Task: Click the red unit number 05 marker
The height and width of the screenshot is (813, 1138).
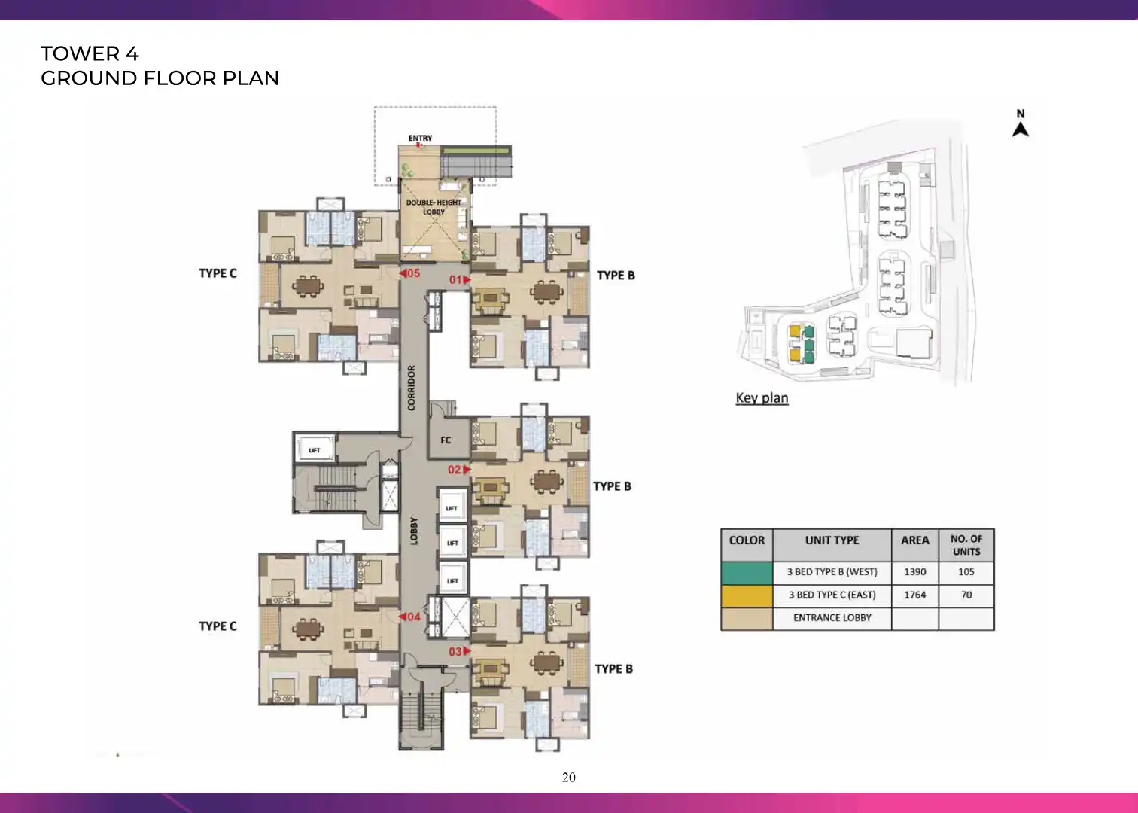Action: pyautogui.click(x=409, y=273)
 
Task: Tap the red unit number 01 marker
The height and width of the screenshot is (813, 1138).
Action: pyautogui.click(x=460, y=279)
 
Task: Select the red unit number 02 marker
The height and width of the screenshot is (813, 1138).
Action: pyautogui.click(x=459, y=470)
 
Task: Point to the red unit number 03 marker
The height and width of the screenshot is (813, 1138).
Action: pyautogui.click(x=460, y=651)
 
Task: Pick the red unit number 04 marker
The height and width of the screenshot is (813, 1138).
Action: pyautogui.click(x=409, y=617)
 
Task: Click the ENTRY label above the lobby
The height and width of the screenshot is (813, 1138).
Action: pyautogui.click(x=420, y=139)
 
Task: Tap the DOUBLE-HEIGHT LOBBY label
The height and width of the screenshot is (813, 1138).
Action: pyautogui.click(x=434, y=207)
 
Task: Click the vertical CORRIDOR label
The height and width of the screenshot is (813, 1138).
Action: pyautogui.click(x=412, y=387)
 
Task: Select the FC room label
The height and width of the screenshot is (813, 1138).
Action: pyautogui.click(x=446, y=440)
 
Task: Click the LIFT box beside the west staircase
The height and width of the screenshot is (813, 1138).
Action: pyautogui.click(x=315, y=449)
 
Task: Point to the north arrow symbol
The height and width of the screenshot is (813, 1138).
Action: pyautogui.click(x=1020, y=129)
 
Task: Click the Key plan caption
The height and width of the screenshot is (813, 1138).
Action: pyautogui.click(x=762, y=398)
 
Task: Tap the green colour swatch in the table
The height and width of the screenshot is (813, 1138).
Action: pyautogui.click(x=747, y=573)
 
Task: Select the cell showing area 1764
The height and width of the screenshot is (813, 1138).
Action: pyautogui.click(x=915, y=595)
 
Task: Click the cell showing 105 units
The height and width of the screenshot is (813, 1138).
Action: pyautogui.click(x=966, y=572)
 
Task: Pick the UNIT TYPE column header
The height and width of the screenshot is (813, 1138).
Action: pyautogui.click(x=832, y=540)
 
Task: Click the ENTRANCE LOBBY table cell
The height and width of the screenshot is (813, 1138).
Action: pyautogui.click(x=832, y=618)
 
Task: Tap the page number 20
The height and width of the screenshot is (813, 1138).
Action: pyautogui.click(x=569, y=778)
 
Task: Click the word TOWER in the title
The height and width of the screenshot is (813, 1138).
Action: pyautogui.click(x=81, y=54)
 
